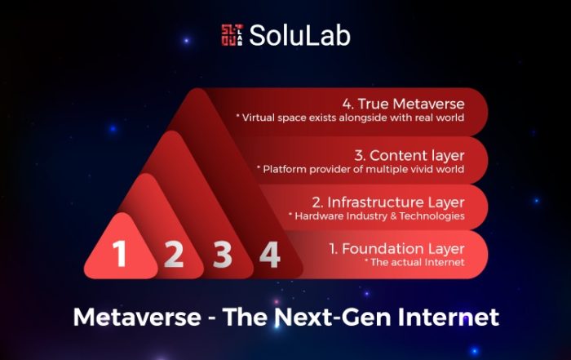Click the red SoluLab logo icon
pyautogui.click(x=232, y=35)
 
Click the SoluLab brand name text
pyautogui.click(x=299, y=35)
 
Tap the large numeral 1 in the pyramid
pyautogui.click(x=119, y=254)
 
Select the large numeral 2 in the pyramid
pyautogui.click(x=173, y=255)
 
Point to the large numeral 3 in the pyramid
pyautogui.click(x=222, y=255)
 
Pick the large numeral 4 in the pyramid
pyautogui.click(x=270, y=255)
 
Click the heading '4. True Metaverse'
pyautogui.click(x=403, y=104)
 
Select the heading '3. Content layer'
pyautogui.click(x=409, y=156)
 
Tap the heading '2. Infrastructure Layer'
pyautogui.click(x=388, y=202)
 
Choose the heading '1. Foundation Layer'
pyautogui.click(x=397, y=249)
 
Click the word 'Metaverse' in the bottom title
pyautogui.click(x=137, y=317)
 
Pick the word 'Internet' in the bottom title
pyautogui.click(x=449, y=317)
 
